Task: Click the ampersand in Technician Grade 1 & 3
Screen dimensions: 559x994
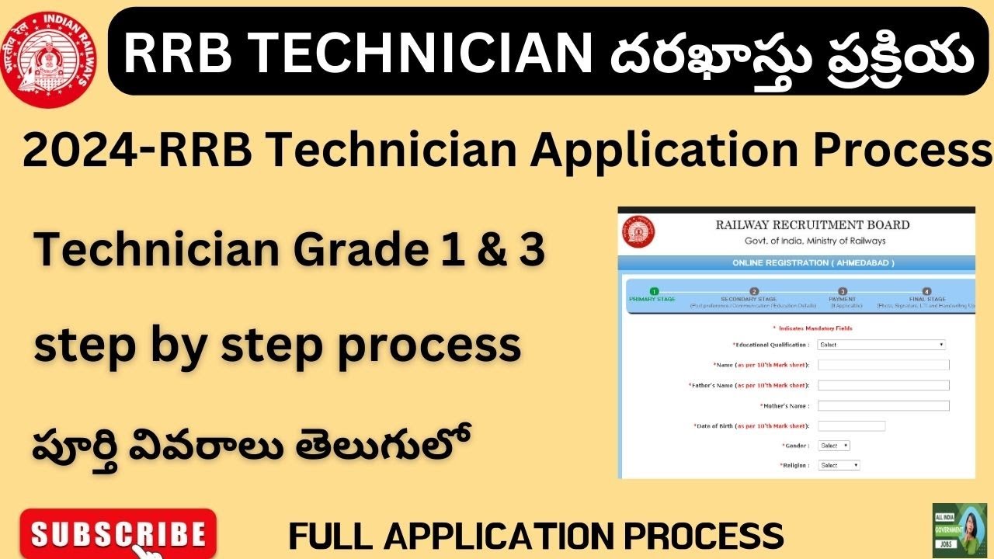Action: tap(473, 249)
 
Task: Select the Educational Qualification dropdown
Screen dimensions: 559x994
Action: tap(881, 345)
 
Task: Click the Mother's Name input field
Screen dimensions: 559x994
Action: tap(883, 405)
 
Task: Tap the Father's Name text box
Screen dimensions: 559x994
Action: tap(883, 385)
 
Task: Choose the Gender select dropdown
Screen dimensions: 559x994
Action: tap(833, 446)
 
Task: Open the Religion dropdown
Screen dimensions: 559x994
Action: tap(838, 465)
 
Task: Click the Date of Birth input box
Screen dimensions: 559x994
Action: tap(851, 425)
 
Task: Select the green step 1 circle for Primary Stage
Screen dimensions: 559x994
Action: tap(654, 291)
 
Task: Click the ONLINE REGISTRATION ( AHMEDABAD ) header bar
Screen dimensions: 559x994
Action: tap(812, 263)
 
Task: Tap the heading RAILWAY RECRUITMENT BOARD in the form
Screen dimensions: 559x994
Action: tap(812, 225)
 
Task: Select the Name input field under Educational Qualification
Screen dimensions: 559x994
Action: tap(883, 365)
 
